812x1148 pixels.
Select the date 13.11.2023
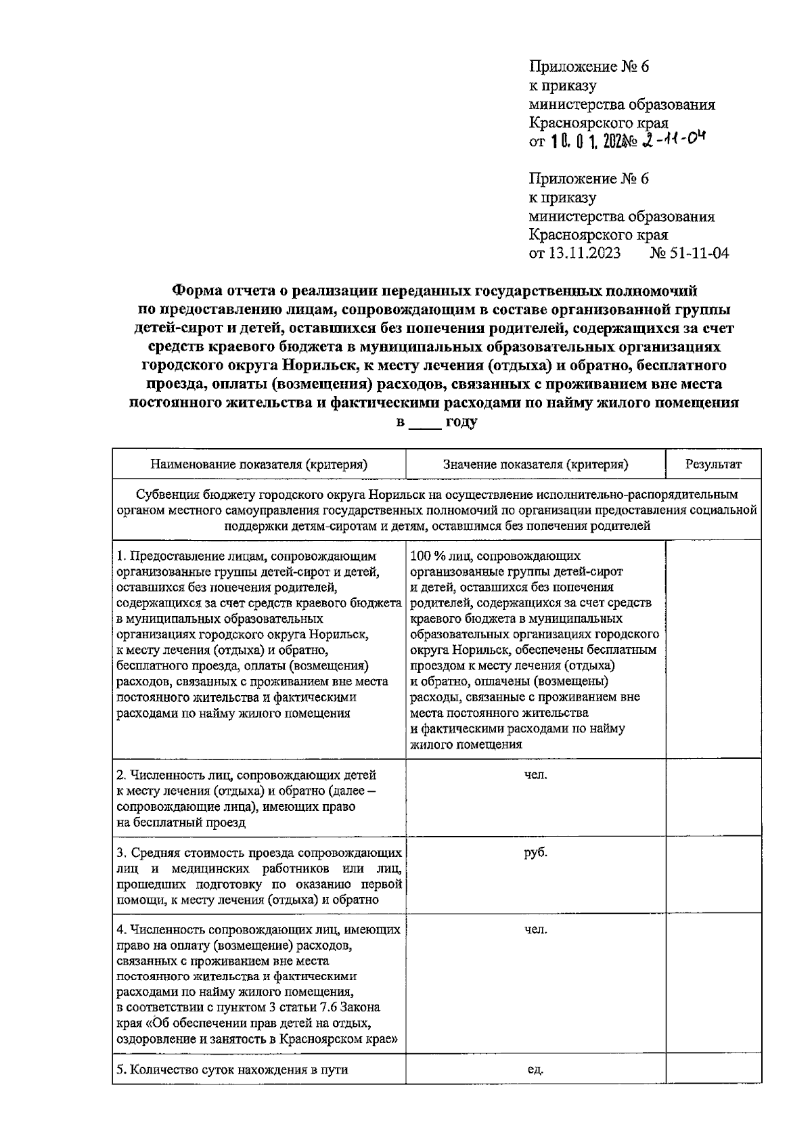click(x=583, y=254)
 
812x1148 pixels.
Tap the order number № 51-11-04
click(x=689, y=254)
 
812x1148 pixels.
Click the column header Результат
click(x=713, y=464)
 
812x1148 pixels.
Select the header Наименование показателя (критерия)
click(x=258, y=464)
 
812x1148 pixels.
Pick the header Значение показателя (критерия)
click(x=535, y=464)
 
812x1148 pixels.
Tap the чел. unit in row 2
click(x=535, y=774)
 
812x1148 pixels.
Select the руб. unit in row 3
click(x=535, y=852)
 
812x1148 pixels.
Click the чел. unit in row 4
click(x=535, y=930)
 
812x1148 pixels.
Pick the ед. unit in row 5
click(x=535, y=1069)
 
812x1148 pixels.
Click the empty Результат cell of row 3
click(x=713, y=876)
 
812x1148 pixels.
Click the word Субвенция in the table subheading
click(x=164, y=494)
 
